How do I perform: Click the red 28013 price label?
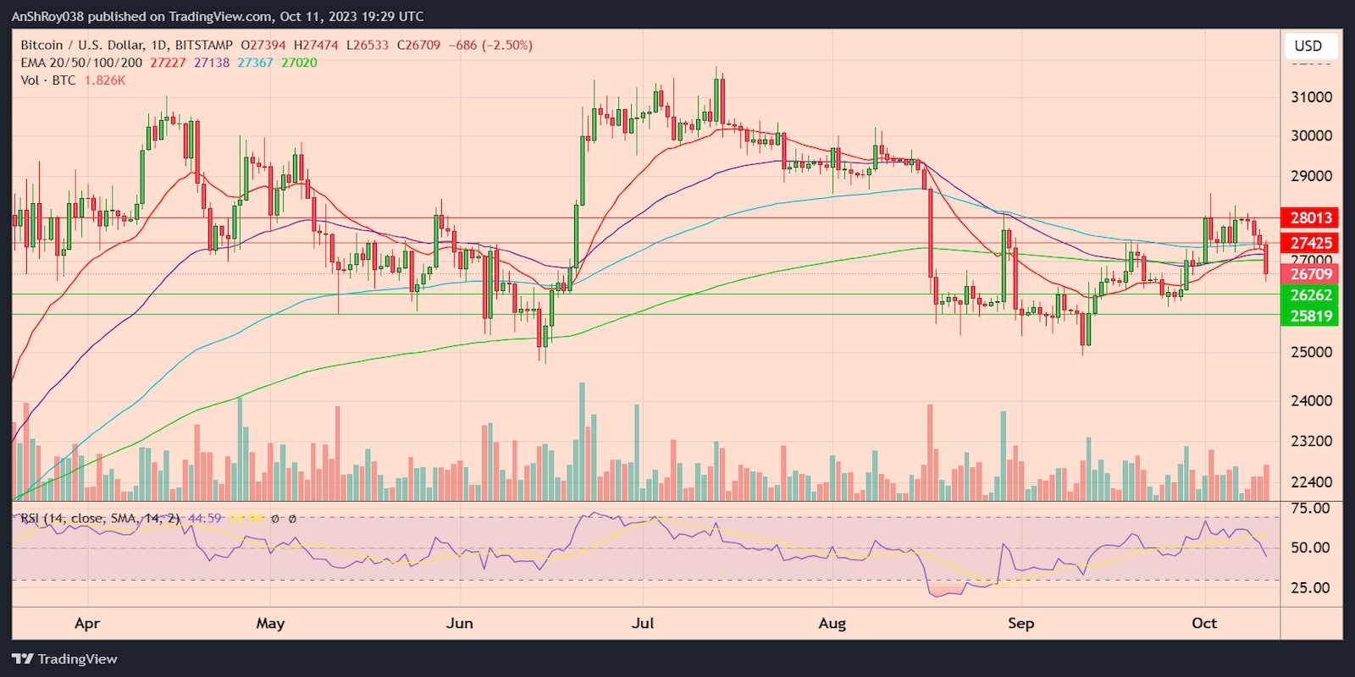pyautogui.click(x=1310, y=218)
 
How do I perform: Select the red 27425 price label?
pyautogui.click(x=1310, y=244)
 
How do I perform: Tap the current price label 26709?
pyautogui.click(x=1310, y=274)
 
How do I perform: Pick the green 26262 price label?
pyautogui.click(x=1310, y=295)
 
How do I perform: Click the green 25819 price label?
pyautogui.click(x=1310, y=316)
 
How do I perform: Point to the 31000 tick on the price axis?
pyautogui.click(x=1311, y=97)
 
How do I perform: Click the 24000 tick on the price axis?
pyautogui.click(x=1311, y=401)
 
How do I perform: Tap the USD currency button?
pyautogui.click(x=1308, y=46)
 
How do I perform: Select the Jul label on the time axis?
pyautogui.click(x=643, y=624)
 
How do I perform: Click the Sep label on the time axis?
pyautogui.click(x=1020, y=624)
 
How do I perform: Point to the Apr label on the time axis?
pyautogui.click(x=87, y=624)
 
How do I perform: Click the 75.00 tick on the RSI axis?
pyautogui.click(x=1309, y=509)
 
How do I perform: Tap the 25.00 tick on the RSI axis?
pyautogui.click(x=1309, y=587)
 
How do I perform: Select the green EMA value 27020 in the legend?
pyautogui.click(x=299, y=63)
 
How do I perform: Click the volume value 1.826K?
pyautogui.click(x=104, y=80)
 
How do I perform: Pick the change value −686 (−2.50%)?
pyautogui.click(x=490, y=45)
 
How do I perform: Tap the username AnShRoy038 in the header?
pyautogui.click(x=47, y=16)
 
